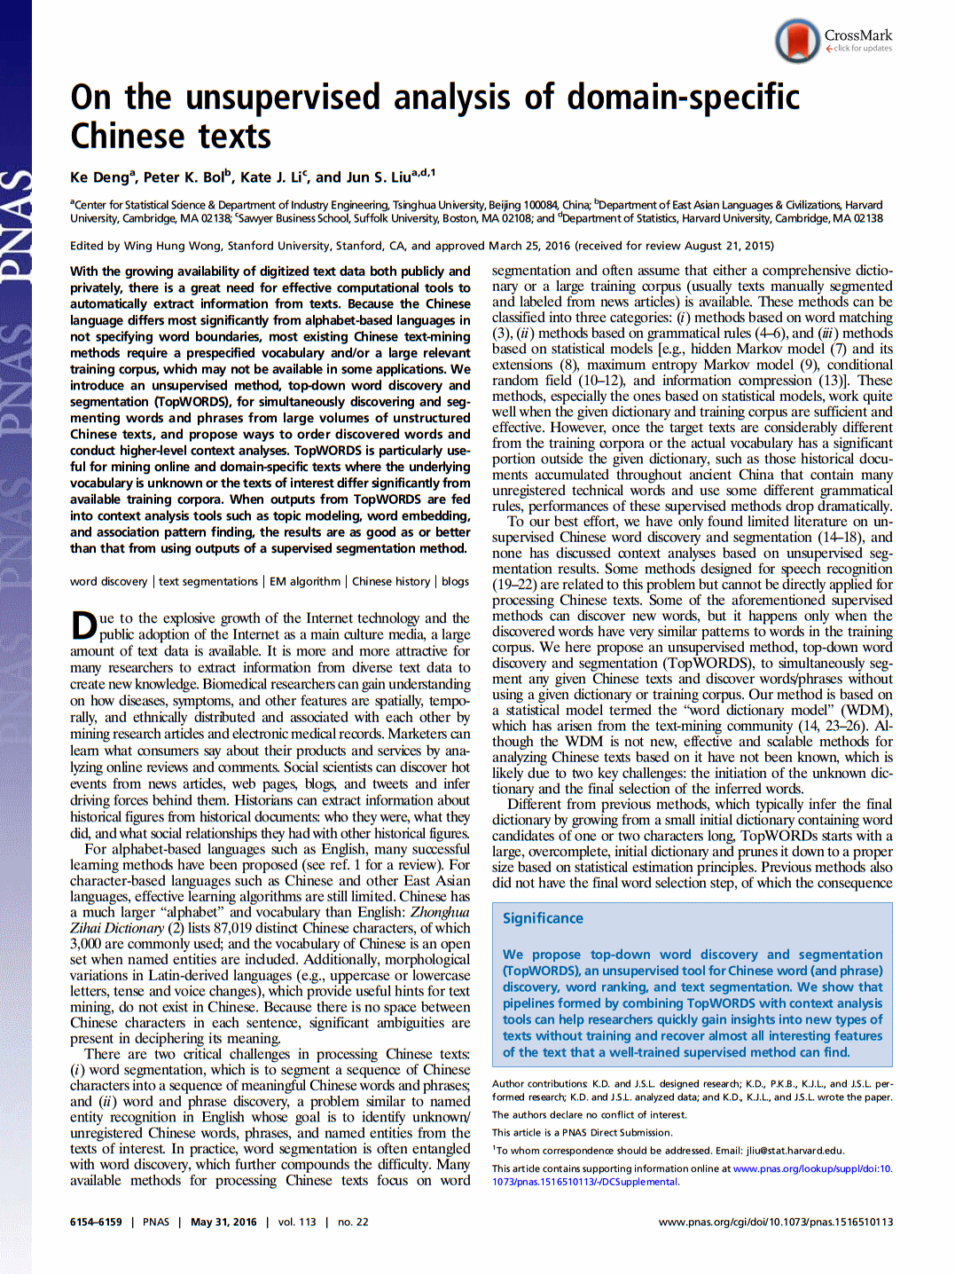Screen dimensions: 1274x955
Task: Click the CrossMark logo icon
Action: tap(797, 41)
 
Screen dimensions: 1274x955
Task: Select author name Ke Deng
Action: tap(100, 177)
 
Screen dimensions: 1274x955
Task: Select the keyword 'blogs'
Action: tap(455, 582)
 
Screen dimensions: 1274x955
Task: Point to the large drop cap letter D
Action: tap(83, 625)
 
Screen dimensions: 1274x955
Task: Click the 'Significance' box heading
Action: tap(543, 918)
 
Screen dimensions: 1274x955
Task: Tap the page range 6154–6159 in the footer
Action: tap(96, 1222)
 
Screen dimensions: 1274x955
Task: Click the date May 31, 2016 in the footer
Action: tap(223, 1222)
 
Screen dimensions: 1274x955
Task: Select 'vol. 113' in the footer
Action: tap(297, 1222)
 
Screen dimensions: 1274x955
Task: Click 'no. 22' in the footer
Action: tap(353, 1222)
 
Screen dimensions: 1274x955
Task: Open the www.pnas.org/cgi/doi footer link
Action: tap(775, 1222)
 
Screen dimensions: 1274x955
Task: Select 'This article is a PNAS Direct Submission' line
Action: tap(582, 1133)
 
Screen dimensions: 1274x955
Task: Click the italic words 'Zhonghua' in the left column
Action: tap(440, 912)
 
